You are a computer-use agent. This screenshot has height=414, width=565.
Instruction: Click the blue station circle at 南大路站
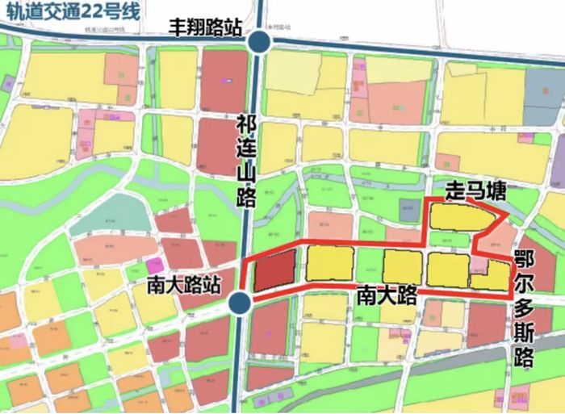(x=239, y=303)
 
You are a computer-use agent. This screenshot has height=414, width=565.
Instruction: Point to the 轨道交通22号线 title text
(x=69, y=11)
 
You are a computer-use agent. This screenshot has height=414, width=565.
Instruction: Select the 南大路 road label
(x=386, y=295)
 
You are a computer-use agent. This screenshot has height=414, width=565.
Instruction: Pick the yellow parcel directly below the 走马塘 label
(x=461, y=217)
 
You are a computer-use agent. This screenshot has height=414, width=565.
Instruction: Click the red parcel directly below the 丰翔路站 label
(x=223, y=81)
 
